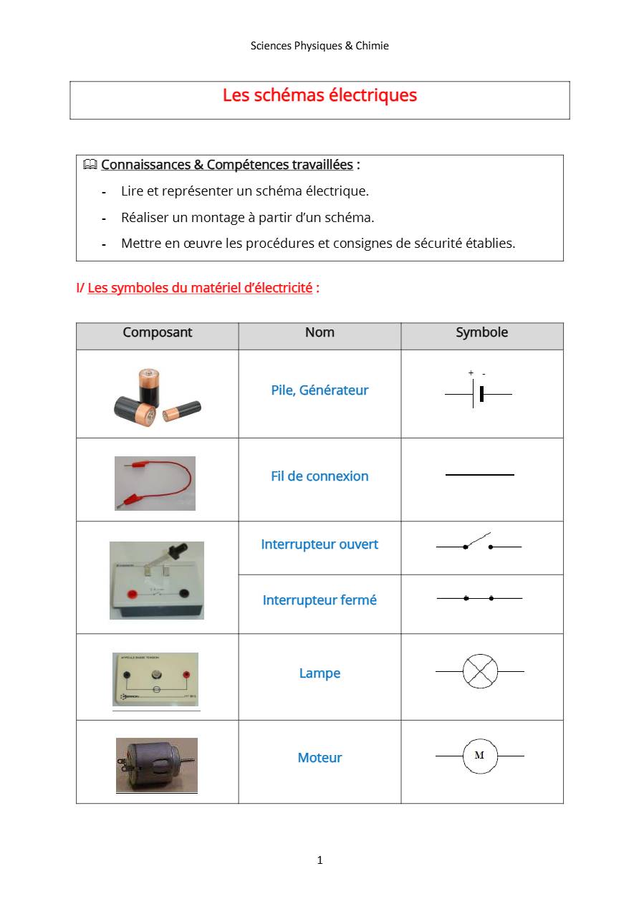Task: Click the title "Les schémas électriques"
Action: [319, 95]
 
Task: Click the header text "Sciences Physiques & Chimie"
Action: [319, 46]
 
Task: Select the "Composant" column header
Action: [158, 332]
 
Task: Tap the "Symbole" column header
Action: [482, 332]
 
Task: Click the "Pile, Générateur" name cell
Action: [319, 390]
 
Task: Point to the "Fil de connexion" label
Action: [319, 476]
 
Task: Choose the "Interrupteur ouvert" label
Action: [319, 544]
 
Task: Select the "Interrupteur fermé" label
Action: [319, 600]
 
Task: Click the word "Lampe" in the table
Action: [319, 673]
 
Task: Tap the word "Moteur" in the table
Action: [319, 758]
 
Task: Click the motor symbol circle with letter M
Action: [480, 756]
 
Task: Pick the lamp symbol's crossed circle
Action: [480, 672]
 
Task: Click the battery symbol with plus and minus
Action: [478, 393]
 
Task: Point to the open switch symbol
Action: [478, 544]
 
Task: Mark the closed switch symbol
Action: [479, 598]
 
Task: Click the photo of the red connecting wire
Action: [155, 483]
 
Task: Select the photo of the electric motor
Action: [157, 765]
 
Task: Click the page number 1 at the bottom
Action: [319, 860]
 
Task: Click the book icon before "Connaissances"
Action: [90, 165]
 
